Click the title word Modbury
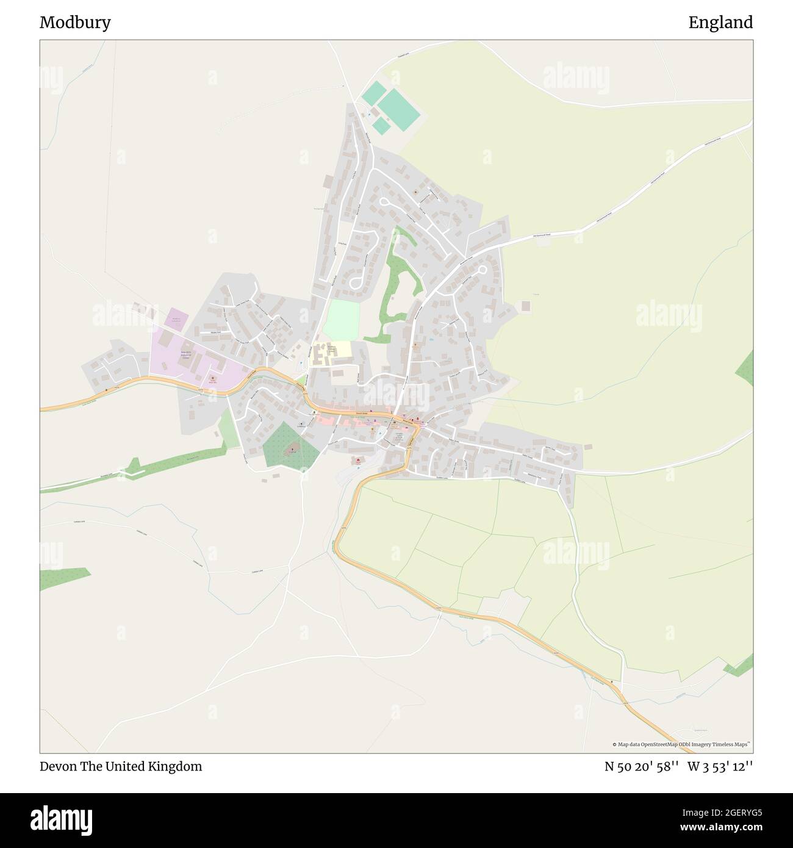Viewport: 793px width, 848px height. click(75, 23)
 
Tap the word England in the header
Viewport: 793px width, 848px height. click(720, 23)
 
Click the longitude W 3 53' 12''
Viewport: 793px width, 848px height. click(720, 766)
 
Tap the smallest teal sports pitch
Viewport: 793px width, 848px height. click(381, 126)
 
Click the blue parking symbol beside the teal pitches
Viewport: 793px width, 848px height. click(369, 113)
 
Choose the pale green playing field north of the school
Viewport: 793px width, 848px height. click(341, 320)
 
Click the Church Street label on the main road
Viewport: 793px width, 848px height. click(362, 414)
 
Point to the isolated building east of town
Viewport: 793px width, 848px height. click(526, 305)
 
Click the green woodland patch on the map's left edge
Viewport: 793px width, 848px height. click(63, 578)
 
